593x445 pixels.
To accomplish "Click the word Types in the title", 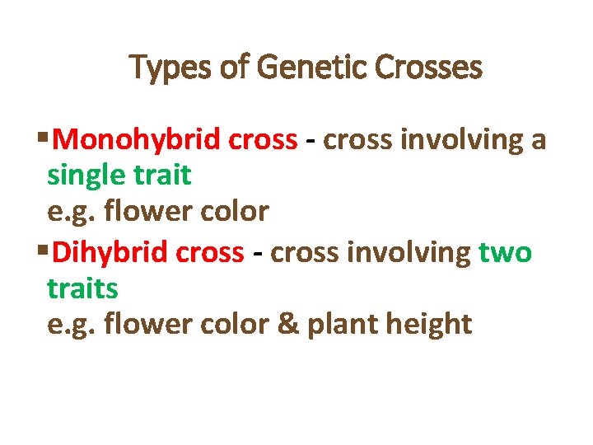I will click(170, 68).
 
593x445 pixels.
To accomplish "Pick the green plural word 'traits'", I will click(82, 288).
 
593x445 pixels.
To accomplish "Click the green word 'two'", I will click(505, 253).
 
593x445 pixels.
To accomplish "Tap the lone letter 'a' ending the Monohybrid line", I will click(539, 142).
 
